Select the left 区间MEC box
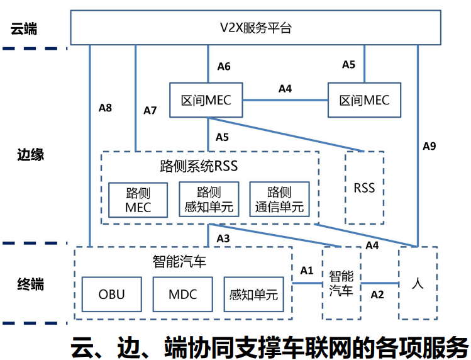(x=206, y=100)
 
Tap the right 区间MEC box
(x=364, y=100)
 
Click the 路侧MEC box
(x=138, y=200)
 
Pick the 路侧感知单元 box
(x=209, y=200)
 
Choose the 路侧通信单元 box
(x=280, y=200)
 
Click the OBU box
(x=112, y=295)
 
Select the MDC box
(x=183, y=295)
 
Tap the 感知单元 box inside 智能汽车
(x=254, y=295)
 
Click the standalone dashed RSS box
(x=364, y=188)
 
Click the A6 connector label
(x=224, y=66)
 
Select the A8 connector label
(x=106, y=108)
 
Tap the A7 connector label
(x=150, y=111)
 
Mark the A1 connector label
(x=306, y=271)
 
